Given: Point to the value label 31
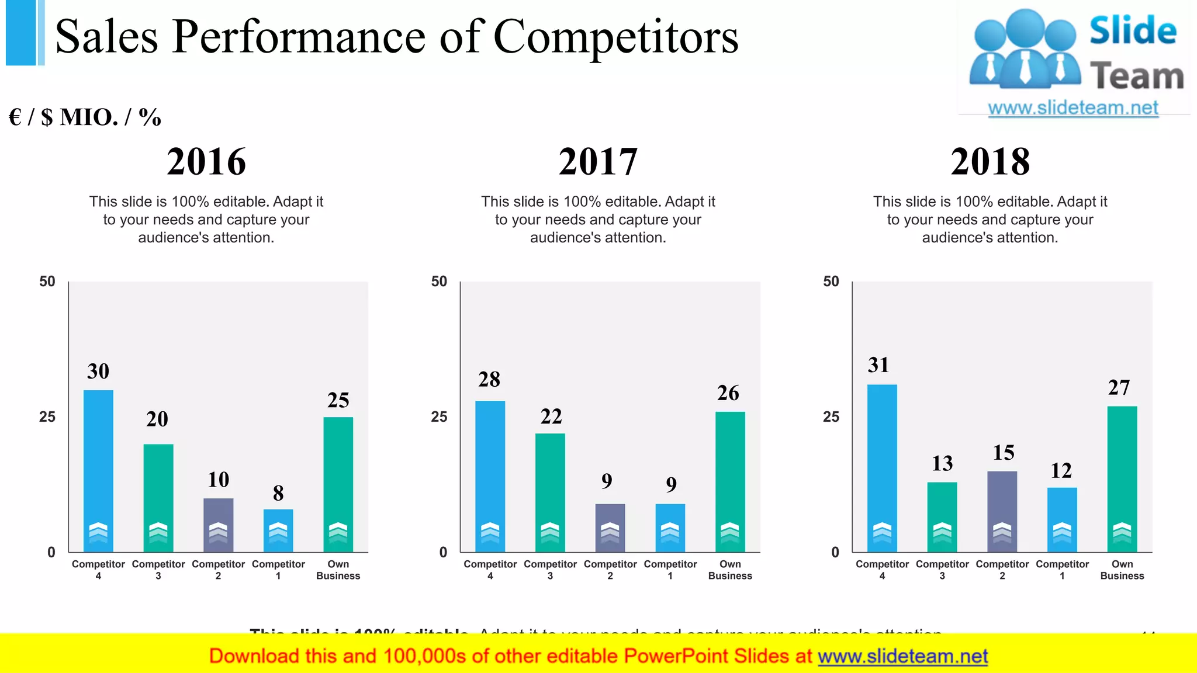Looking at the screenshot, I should [x=878, y=365].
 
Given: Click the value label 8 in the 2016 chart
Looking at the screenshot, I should [x=278, y=494].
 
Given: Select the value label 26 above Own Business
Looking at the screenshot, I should [x=728, y=393].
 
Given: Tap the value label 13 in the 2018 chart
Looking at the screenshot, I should [x=942, y=463].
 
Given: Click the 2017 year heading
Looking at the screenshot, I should [x=598, y=161].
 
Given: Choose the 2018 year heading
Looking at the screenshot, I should [x=990, y=161].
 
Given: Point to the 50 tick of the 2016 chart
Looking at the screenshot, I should [x=47, y=282].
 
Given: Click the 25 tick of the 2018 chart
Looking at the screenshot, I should [x=831, y=417].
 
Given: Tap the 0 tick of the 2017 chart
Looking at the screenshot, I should [x=443, y=553].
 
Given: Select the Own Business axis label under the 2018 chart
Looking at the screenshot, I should [x=1122, y=570].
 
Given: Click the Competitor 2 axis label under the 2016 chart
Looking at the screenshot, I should [x=218, y=570].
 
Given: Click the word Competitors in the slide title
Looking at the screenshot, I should [x=616, y=36].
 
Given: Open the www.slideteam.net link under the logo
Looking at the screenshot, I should [x=1073, y=108].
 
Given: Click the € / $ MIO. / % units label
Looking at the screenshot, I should [x=85, y=117].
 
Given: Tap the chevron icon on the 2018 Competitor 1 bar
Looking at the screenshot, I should [x=1062, y=532].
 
